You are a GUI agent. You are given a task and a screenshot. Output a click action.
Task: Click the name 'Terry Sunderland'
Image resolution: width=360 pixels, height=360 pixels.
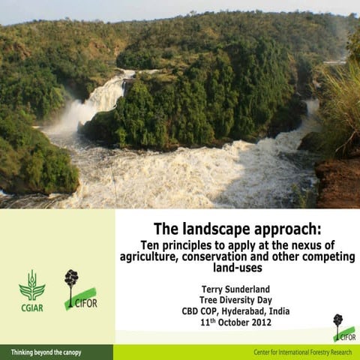coord(237,288)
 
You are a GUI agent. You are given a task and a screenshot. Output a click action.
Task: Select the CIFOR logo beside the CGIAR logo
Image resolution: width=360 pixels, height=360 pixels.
coord(80,290)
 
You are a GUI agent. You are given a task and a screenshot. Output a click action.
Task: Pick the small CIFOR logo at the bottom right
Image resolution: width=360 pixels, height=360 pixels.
coord(343,328)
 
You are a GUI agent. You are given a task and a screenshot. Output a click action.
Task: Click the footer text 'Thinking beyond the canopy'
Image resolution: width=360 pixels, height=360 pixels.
coord(46,352)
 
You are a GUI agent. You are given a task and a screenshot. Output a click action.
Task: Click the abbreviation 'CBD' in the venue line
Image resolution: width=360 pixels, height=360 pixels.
coord(190,311)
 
